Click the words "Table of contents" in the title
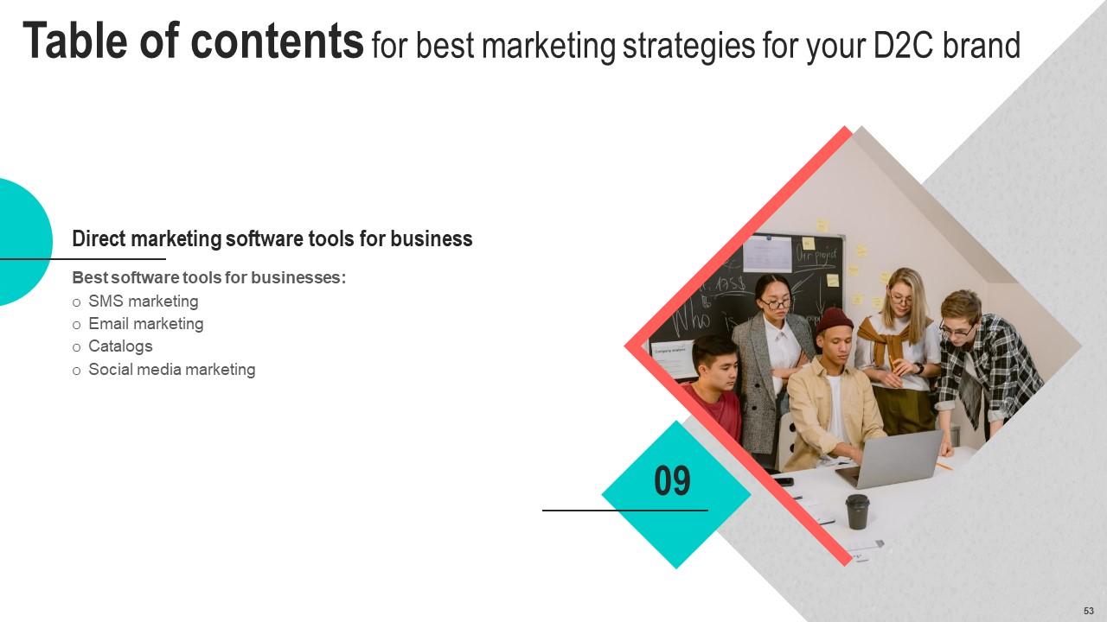point(192,41)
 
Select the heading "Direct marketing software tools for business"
point(272,239)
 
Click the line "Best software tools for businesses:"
point(208,278)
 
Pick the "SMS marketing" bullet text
point(143,301)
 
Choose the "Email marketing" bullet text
point(145,324)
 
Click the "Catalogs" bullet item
point(120,346)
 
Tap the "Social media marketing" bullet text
point(171,370)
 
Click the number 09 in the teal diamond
point(672,481)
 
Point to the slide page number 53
point(1088,610)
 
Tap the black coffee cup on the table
point(857,511)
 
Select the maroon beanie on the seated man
point(835,321)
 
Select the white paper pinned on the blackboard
point(767,253)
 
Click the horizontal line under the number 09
point(624,511)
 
